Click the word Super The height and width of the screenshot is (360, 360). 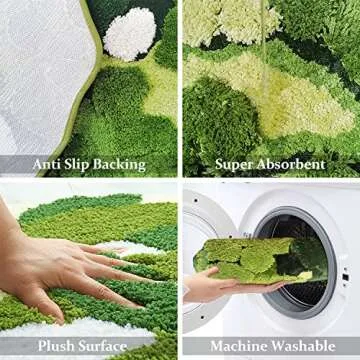click(234, 163)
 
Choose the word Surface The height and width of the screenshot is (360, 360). click(106, 345)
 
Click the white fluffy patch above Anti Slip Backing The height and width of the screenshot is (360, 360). click(130, 34)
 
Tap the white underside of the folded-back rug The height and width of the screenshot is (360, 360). click(45, 70)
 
